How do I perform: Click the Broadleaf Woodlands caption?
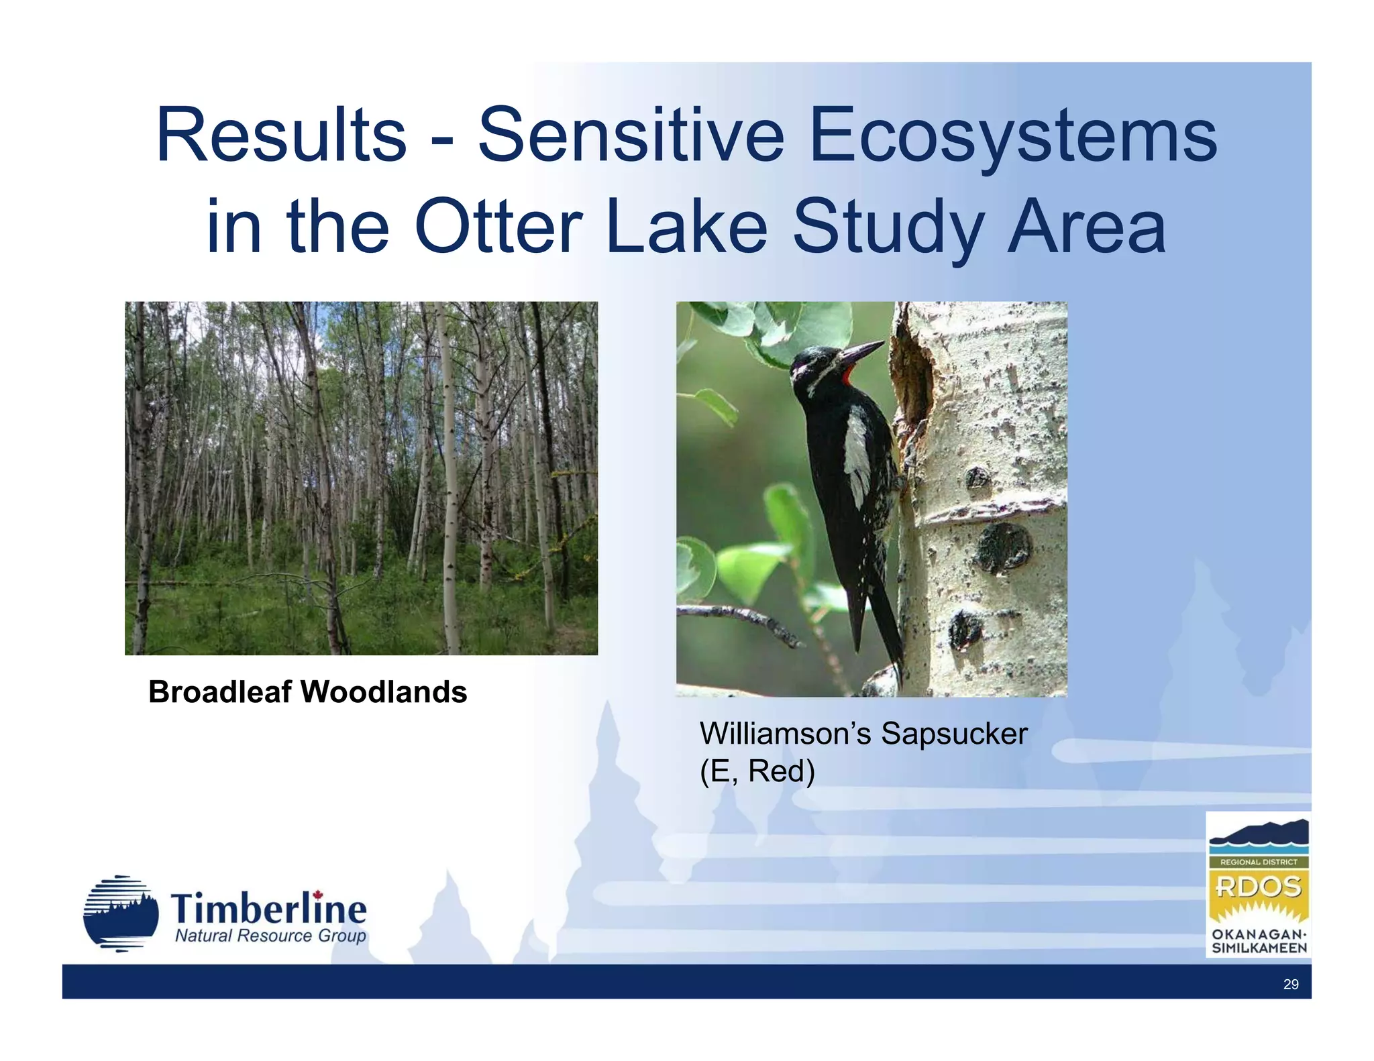point(307,691)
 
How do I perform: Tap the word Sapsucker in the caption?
point(953,733)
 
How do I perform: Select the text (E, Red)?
point(757,771)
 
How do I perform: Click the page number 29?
point(1290,984)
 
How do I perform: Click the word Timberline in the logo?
point(268,909)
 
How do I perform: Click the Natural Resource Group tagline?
point(270,936)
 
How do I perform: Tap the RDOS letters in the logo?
point(1258,887)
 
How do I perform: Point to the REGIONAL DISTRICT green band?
point(1258,862)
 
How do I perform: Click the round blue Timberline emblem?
point(121,913)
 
